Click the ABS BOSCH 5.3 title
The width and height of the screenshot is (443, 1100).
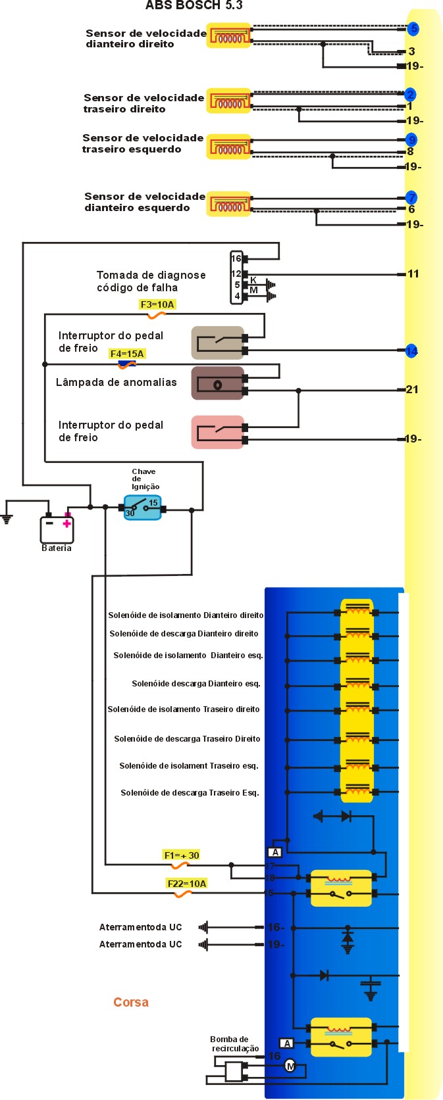pos(194,5)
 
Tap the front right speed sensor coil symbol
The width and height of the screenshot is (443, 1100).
pos(229,36)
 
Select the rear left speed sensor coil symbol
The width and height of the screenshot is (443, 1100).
pos(229,147)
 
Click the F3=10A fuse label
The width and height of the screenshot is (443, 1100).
pos(157,304)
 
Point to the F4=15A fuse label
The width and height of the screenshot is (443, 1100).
pos(127,354)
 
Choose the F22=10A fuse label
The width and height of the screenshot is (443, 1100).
pos(187,883)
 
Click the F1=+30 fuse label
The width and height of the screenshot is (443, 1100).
pos(181,855)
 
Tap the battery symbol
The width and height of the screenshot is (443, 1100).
pos(57,528)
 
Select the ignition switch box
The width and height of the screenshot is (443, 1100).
pos(143,507)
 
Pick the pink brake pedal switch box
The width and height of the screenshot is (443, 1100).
pos(218,432)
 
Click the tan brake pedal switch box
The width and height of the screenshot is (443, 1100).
pos(218,343)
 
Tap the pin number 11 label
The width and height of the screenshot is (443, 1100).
pos(413,274)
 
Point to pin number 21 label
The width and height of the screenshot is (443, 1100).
pos(412,389)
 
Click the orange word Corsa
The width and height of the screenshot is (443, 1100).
pos(131,1002)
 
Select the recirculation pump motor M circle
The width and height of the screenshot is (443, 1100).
pos(290,1066)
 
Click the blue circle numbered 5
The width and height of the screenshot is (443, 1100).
pos(413,28)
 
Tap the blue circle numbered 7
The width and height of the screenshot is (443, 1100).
pos(411,197)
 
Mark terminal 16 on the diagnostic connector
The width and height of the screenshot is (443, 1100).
pos(236,258)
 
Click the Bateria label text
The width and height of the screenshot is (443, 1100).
pos(57,548)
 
